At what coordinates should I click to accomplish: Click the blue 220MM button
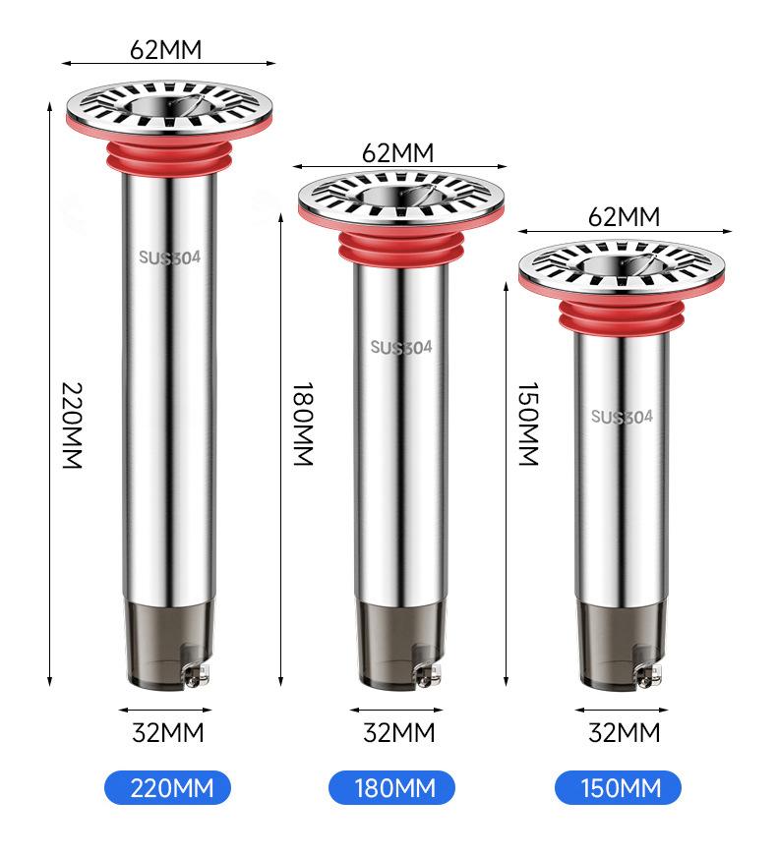[x=167, y=787]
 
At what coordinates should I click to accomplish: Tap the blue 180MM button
[x=391, y=787]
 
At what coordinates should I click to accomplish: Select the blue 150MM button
[x=619, y=787]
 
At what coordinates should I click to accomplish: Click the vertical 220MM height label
[x=72, y=426]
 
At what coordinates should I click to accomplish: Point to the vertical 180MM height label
[x=303, y=424]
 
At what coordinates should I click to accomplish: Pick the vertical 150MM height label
[x=528, y=424]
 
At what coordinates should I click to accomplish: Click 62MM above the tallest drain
[x=166, y=49]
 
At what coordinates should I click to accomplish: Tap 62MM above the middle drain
[x=398, y=152]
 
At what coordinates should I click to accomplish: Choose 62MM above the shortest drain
[x=625, y=217]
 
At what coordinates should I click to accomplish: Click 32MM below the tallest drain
[x=168, y=732]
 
